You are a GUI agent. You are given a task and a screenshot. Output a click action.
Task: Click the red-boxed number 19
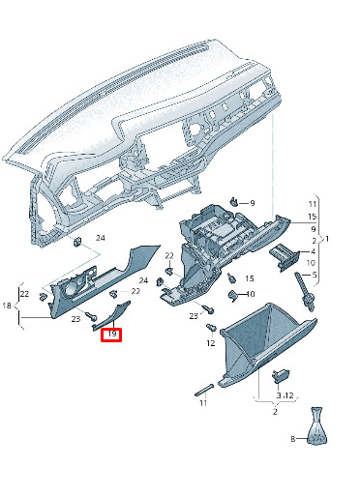(111, 334)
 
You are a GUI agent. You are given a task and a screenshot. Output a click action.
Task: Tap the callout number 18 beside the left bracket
(7, 306)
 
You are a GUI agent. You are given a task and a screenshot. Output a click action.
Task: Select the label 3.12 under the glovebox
(285, 395)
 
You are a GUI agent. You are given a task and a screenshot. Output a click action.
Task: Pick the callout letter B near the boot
(293, 439)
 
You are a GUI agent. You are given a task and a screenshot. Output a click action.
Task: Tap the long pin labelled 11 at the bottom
(204, 390)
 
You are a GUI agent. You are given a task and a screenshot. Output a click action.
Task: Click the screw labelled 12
(211, 327)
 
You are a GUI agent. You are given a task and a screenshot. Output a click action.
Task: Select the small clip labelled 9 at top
(233, 201)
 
